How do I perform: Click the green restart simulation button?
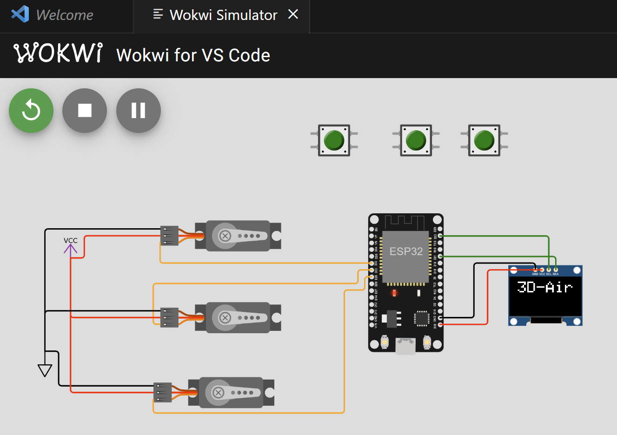[x=31, y=111]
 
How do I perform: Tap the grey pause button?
[x=138, y=111]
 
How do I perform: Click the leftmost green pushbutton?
[x=334, y=140]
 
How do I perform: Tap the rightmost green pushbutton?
[x=484, y=140]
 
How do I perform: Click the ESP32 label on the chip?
[x=406, y=251]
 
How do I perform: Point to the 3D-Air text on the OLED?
[x=544, y=287]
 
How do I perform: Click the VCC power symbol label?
[x=71, y=241]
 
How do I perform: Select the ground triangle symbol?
[x=45, y=370]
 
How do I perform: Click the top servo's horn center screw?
[x=225, y=236]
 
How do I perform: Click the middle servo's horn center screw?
[x=225, y=318]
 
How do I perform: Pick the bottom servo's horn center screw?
[x=218, y=393]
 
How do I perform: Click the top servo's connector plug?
[x=169, y=236]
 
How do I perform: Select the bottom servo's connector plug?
[x=163, y=392]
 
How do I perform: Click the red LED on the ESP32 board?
[x=394, y=293]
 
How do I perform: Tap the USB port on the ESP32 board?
[x=405, y=346]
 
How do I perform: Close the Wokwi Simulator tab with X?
[x=293, y=14]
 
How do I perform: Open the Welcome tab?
[x=65, y=15]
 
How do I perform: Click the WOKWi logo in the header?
[x=58, y=53]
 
